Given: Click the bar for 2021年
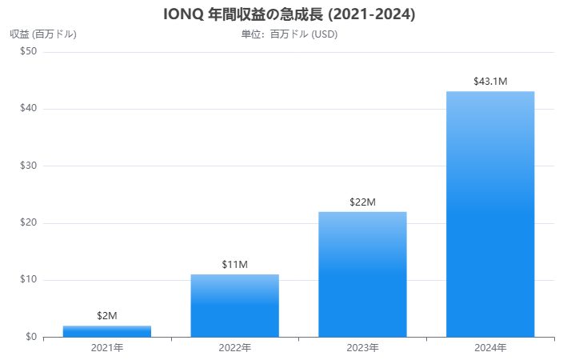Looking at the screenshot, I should point(107,331).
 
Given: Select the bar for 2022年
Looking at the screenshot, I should point(234,306).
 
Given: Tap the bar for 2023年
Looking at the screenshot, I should point(362,274).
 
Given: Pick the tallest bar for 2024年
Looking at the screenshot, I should point(490,214).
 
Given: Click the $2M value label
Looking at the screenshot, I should point(107,316).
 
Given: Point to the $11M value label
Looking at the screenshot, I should point(234,264).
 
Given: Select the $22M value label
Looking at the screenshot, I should point(362,202).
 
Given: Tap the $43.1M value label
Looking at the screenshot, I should point(490,81).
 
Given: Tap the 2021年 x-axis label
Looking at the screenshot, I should point(107,348).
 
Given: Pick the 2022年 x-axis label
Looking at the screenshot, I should point(234,348).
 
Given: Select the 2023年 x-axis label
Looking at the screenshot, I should point(362,348).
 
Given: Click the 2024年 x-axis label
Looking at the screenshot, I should point(490,348).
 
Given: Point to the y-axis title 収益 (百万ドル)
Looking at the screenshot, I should point(43,34).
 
